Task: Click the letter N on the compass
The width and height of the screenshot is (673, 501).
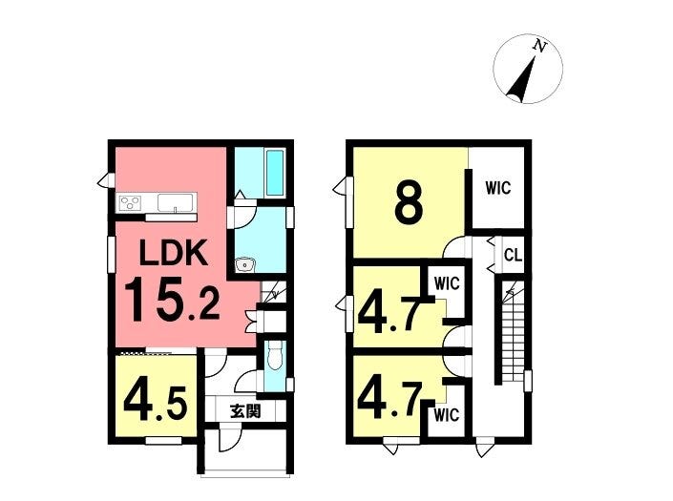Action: click(x=540, y=46)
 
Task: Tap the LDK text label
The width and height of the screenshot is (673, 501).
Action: click(x=174, y=254)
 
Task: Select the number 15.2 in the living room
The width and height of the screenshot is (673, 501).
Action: click(x=172, y=299)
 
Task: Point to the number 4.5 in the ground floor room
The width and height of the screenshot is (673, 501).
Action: click(x=155, y=405)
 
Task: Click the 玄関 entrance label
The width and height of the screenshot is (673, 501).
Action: click(x=245, y=411)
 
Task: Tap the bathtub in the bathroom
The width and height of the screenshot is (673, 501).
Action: click(x=275, y=173)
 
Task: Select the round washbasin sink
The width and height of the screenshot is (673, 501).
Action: click(x=245, y=264)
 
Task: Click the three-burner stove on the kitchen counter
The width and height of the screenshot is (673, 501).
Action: click(x=131, y=202)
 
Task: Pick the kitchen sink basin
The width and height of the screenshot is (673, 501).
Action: click(x=175, y=202)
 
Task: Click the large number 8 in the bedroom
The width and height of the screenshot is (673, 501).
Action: click(x=409, y=204)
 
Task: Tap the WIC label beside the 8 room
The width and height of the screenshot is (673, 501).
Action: click(x=498, y=188)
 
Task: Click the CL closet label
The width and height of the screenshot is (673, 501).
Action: click(x=513, y=256)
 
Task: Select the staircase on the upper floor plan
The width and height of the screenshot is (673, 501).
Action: click(x=513, y=331)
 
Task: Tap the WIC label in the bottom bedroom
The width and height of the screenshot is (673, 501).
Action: click(x=447, y=415)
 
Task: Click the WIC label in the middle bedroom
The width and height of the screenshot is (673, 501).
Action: click(x=447, y=283)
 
